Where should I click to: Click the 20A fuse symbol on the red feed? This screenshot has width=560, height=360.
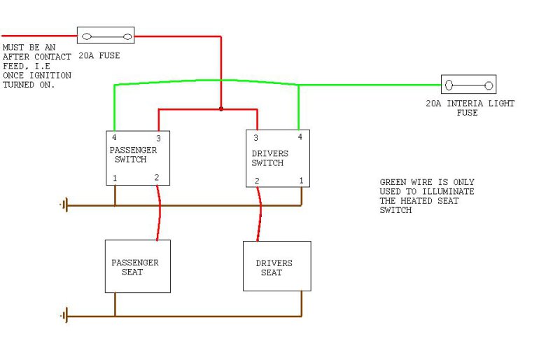pos(105,35)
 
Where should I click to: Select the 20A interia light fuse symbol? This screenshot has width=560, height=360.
pos(468,85)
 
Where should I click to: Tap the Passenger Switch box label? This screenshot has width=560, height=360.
pos(133,155)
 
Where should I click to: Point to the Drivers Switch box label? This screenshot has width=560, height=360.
pos(269,158)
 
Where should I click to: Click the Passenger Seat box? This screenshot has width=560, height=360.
pos(137,267)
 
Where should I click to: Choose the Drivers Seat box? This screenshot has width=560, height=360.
pos(276,267)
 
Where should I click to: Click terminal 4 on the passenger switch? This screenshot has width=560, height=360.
pos(115,137)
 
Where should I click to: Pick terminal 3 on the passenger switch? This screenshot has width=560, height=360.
pos(158,138)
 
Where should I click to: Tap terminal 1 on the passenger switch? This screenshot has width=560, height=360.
pos(115,179)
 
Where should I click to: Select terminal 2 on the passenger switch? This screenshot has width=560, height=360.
pos(157,178)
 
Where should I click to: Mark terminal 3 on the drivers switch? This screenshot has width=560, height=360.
pos(256,138)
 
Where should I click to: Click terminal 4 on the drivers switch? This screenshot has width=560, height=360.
pos(300,137)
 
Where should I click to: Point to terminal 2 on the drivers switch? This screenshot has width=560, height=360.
pos(257,181)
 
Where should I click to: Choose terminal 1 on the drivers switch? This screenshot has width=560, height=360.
pos(301,181)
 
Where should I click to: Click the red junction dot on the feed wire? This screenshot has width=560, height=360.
pos(221,109)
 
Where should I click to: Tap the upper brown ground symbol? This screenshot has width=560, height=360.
pos(65,205)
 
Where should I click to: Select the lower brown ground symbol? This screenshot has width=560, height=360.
pos(65,316)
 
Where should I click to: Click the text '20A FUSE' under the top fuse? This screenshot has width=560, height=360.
pos(99,55)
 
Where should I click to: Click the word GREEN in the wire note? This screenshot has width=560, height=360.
pos(393,182)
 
